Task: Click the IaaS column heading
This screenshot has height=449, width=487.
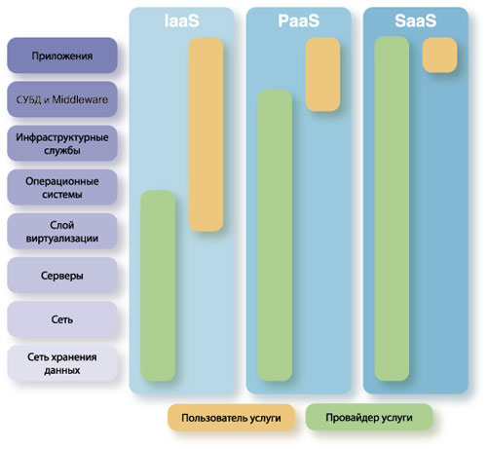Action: [x=181, y=21]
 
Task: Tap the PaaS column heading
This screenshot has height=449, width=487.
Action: [x=299, y=21]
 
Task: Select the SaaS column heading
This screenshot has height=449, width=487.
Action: [x=416, y=21]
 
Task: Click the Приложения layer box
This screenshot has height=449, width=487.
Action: [x=62, y=56]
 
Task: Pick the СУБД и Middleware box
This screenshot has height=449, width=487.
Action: [x=62, y=99]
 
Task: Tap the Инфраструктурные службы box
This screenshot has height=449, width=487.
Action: [x=62, y=143]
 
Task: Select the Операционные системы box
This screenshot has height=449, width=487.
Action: [x=62, y=187]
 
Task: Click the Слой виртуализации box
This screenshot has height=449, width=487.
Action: [x=62, y=231]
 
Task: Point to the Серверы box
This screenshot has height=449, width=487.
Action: [x=62, y=276]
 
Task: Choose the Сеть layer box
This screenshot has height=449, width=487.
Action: [x=62, y=319]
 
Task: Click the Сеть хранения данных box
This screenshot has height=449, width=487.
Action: [x=62, y=363]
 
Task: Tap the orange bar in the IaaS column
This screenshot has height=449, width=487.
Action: [x=206, y=134]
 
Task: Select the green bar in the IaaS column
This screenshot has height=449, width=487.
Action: [x=158, y=285]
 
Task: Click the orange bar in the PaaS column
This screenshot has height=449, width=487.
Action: [x=322, y=74]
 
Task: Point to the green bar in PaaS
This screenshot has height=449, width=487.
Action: [x=275, y=235]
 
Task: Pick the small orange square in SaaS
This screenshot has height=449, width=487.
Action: [x=439, y=55]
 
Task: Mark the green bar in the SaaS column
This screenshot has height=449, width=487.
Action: [x=392, y=208]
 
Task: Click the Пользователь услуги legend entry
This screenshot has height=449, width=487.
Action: [x=231, y=418]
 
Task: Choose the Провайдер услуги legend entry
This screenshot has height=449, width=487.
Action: [x=369, y=417]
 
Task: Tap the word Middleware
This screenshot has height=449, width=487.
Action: [x=80, y=99]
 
